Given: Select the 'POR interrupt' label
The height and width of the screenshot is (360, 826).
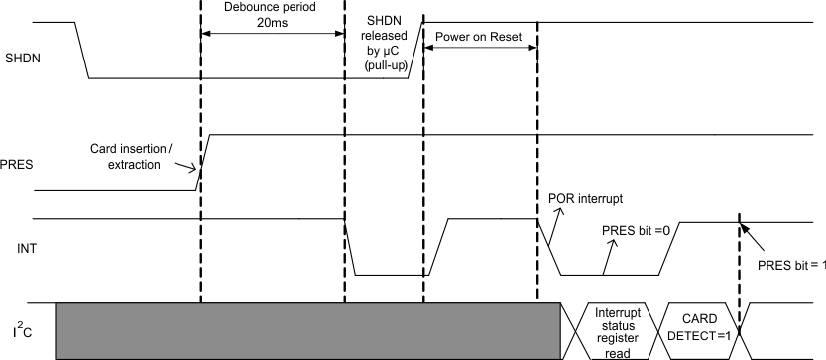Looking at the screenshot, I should [586, 196].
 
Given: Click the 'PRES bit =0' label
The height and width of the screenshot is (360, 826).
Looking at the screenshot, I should [636, 230].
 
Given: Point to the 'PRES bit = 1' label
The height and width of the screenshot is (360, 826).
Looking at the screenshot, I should [791, 265].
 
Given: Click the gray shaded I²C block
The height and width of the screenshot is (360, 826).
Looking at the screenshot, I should [307, 330].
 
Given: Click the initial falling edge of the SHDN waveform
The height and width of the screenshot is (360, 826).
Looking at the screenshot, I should [82, 50].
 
